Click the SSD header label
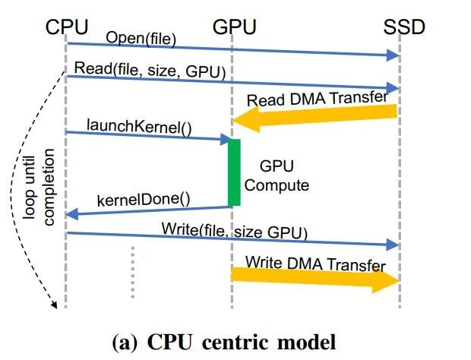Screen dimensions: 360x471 pos(403,27)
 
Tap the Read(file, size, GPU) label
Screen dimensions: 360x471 pos(150,72)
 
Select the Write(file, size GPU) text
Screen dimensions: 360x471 pos(234,230)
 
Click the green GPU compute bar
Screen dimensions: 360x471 pos(234,172)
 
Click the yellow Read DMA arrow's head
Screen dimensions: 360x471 pos(243,118)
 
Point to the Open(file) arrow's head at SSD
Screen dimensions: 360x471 pos(394,55)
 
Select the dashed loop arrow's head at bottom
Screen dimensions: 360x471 pos(55,305)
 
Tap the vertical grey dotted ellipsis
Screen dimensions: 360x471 pos(132,270)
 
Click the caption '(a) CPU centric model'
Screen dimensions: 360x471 pos(223,341)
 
